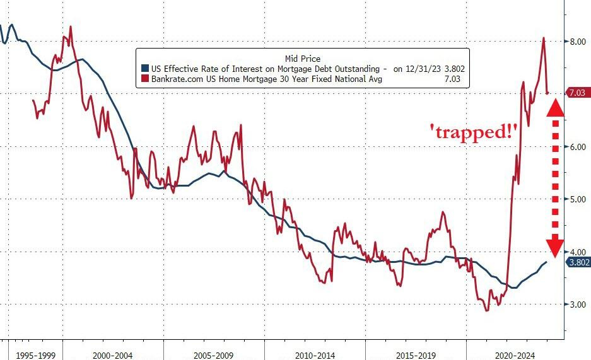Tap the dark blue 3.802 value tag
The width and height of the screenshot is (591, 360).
(578, 262)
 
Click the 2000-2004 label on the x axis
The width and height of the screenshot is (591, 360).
(112, 355)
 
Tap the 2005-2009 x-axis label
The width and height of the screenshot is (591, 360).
(213, 355)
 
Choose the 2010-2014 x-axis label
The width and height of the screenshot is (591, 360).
(314, 355)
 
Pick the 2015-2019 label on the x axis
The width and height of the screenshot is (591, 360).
(415, 355)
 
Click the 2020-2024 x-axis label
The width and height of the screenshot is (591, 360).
(516, 355)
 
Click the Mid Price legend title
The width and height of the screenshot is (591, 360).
(303, 59)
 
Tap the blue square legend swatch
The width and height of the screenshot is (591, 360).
(145, 69)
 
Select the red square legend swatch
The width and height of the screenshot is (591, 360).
(145, 79)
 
